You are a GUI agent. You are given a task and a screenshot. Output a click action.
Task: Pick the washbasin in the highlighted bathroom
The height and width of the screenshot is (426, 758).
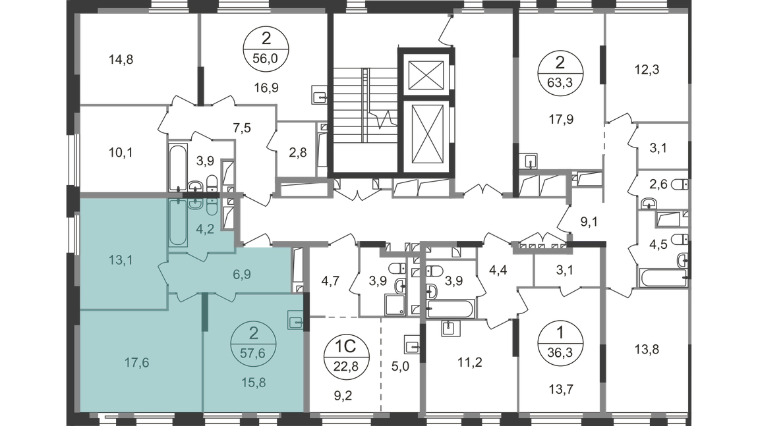[194, 203]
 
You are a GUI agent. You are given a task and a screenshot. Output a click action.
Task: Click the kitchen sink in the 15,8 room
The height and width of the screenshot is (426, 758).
[295, 322]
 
